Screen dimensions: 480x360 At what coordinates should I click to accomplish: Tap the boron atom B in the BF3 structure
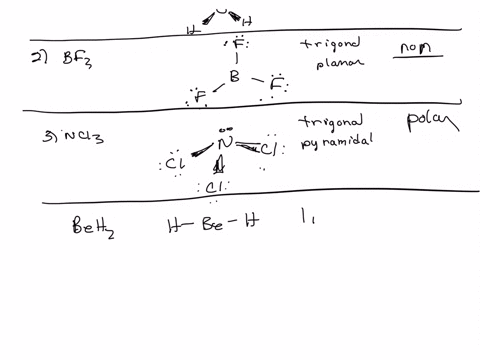coord(234,76)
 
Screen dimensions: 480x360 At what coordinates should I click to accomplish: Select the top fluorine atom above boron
coord(236,46)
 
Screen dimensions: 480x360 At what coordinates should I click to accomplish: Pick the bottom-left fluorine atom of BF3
coord(200,97)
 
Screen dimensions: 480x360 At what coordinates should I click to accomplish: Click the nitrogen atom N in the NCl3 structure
coord(225,144)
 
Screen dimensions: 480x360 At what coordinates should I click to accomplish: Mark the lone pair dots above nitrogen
coord(224,128)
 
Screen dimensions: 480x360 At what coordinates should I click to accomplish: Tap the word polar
coord(430,125)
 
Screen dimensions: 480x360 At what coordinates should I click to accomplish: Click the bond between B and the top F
coord(236,61)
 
